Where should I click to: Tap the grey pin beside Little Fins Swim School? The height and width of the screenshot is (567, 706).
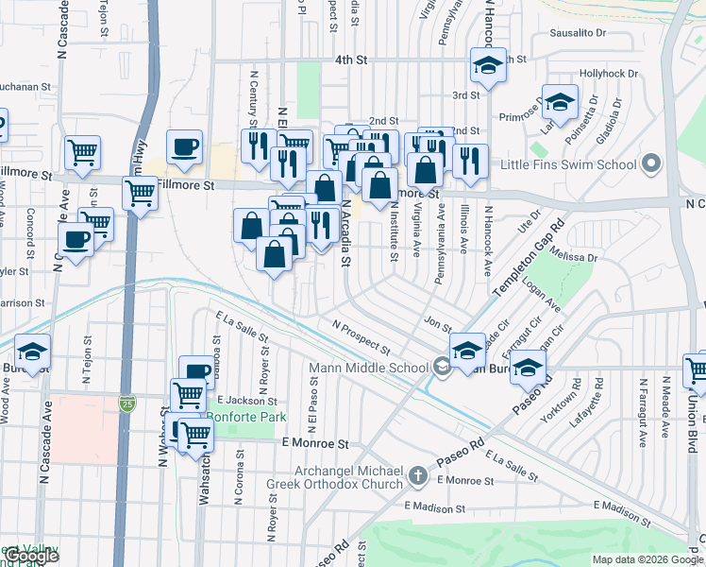[x=649, y=164]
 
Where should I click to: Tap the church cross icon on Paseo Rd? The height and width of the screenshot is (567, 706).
[x=419, y=477]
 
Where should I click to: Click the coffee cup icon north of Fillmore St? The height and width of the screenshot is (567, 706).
[x=185, y=146]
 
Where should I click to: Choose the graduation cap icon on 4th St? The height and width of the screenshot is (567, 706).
[x=488, y=66]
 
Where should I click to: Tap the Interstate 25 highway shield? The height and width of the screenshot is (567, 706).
[x=127, y=404]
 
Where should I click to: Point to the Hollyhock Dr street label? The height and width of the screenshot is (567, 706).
[x=609, y=73]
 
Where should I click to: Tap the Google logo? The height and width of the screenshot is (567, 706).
[x=30, y=555]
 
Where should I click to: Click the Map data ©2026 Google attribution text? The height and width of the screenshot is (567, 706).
[x=647, y=559]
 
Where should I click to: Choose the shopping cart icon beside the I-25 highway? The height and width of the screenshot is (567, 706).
[x=141, y=194]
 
